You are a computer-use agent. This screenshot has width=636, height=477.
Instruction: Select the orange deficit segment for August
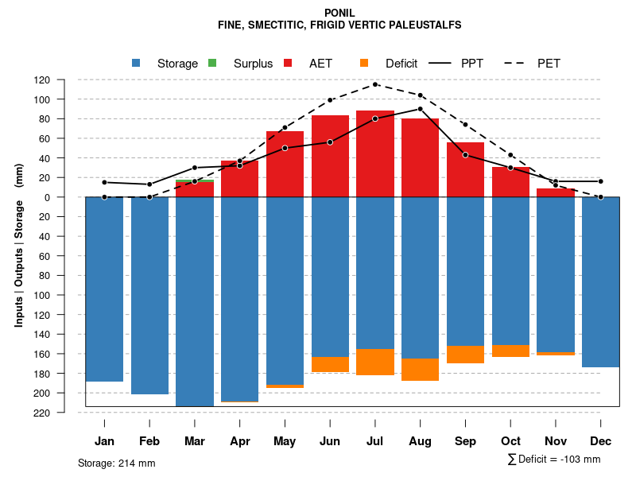tap(421, 370)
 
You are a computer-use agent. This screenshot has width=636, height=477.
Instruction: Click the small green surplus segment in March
tap(195, 180)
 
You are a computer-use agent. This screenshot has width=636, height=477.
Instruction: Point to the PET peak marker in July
tap(375, 84)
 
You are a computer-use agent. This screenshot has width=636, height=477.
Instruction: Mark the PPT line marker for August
tap(421, 109)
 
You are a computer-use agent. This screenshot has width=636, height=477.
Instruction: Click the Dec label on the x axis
tap(601, 441)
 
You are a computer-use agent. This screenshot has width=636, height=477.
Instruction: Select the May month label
tap(285, 441)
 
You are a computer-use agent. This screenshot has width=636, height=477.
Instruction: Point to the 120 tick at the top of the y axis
tap(64, 80)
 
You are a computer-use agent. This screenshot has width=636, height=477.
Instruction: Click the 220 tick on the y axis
tap(64, 413)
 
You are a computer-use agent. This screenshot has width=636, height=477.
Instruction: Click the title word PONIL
tap(340, 13)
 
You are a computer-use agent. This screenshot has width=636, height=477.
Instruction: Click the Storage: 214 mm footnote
tap(117, 463)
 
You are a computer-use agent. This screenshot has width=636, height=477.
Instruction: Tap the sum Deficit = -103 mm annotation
tap(553, 460)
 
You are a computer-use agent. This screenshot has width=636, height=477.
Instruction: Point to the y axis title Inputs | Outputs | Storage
tap(19, 245)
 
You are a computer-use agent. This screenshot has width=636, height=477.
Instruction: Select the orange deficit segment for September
tap(466, 355)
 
